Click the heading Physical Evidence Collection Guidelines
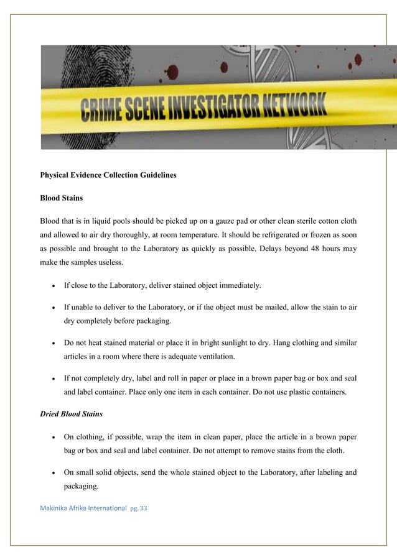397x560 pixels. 108,175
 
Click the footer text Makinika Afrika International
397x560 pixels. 82,509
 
